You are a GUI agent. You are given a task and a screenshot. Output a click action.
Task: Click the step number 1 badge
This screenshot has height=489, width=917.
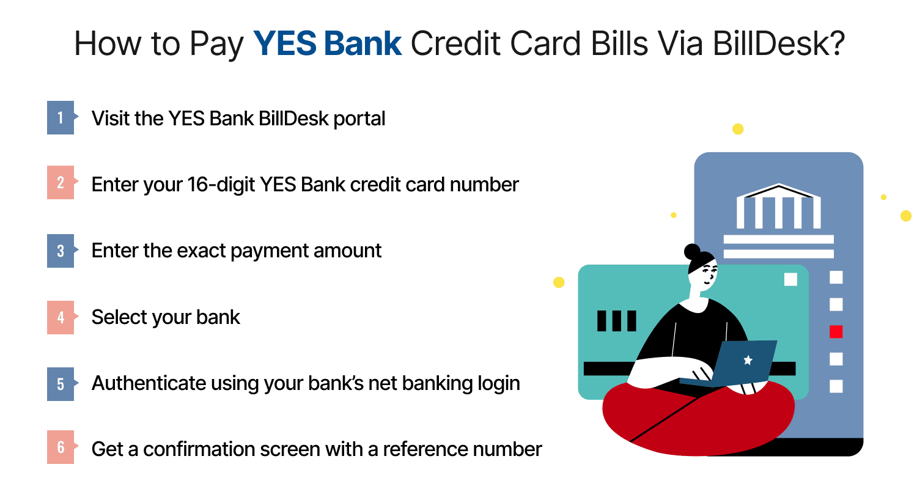[61, 117]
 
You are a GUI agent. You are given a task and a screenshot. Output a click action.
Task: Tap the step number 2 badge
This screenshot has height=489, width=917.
[61, 183]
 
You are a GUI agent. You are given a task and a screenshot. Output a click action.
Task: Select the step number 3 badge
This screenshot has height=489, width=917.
[61, 251]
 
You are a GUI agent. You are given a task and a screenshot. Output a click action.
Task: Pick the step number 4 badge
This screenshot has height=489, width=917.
[61, 317]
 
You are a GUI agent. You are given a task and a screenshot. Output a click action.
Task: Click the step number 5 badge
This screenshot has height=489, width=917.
[61, 384]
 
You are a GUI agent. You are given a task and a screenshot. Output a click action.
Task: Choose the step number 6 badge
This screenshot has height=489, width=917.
[61, 447]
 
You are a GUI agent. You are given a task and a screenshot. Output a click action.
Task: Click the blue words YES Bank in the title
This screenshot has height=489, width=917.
[328, 44]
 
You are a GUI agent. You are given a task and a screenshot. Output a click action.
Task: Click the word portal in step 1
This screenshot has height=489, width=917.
[359, 118]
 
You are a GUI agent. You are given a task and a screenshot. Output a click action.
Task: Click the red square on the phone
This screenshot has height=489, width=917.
[836, 331]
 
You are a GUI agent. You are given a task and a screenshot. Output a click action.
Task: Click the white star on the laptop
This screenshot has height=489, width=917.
[747, 360]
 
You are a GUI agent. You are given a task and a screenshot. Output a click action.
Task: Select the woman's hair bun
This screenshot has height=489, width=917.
[693, 251]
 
